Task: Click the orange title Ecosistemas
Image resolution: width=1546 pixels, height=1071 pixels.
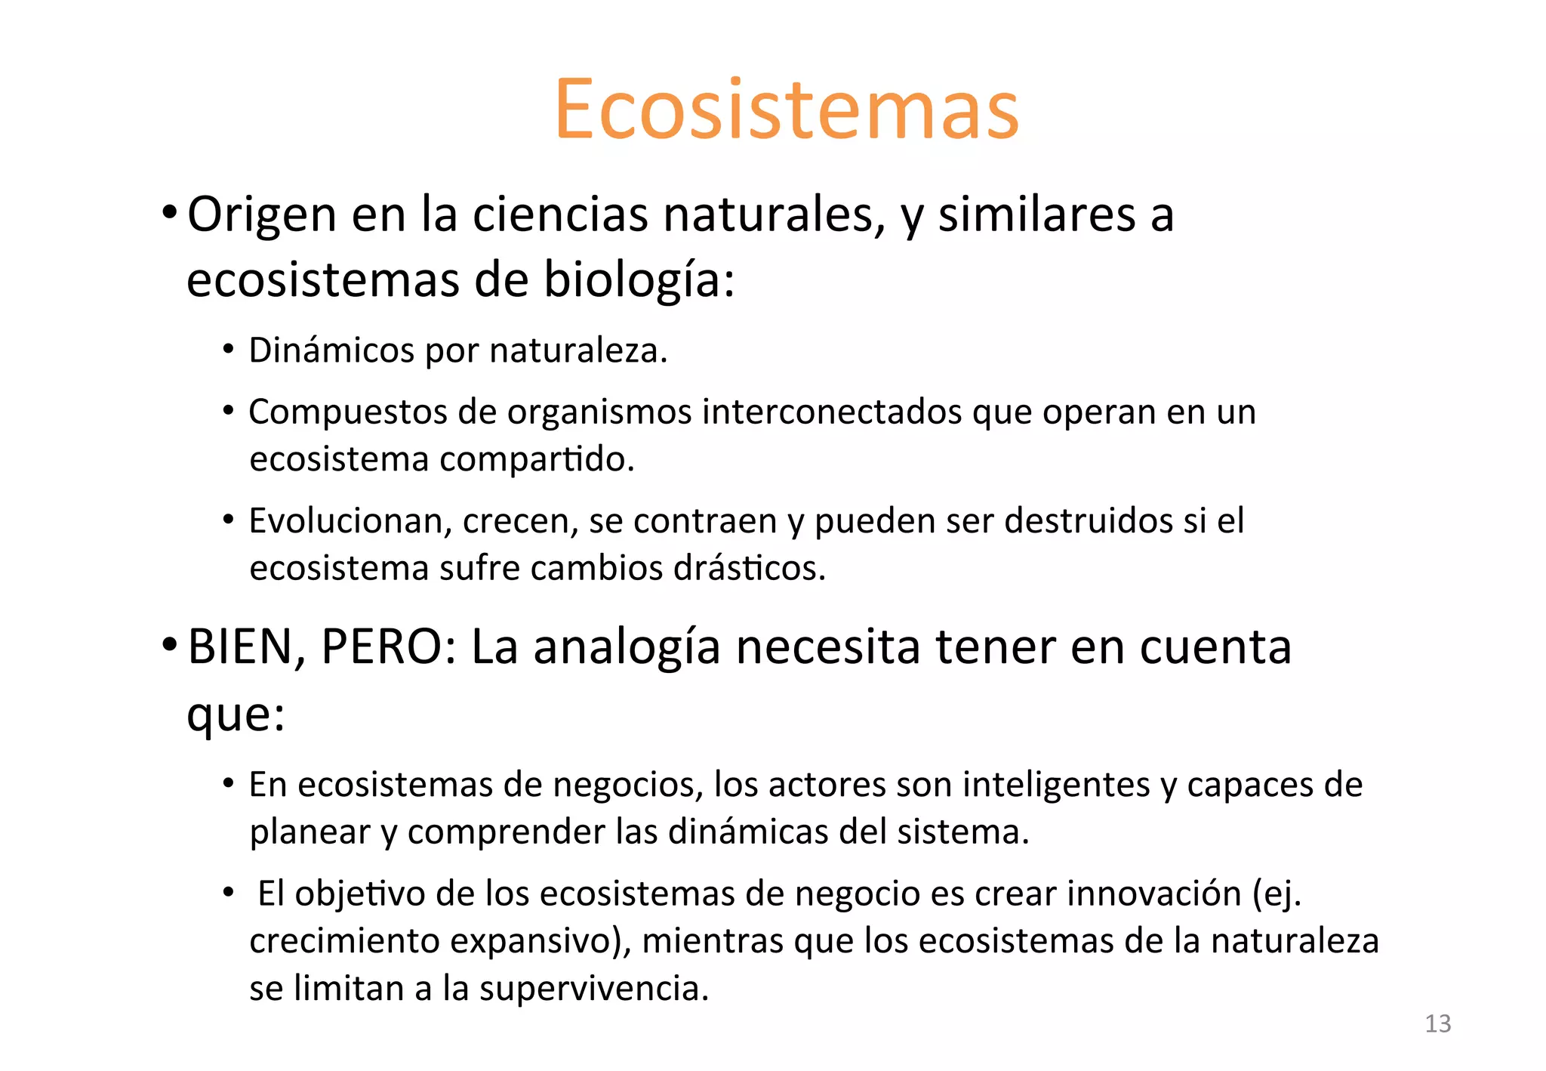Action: [x=787, y=110]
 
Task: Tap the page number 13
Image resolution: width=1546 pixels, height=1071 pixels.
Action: [x=1437, y=1023]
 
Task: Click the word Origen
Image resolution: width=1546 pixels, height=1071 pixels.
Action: [x=261, y=215]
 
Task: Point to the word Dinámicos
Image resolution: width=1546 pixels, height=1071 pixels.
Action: [x=331, y=351]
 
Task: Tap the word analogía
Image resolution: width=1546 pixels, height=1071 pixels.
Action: [x=627, y=648]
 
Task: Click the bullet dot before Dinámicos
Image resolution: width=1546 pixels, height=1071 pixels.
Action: [x=228, y=349]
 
